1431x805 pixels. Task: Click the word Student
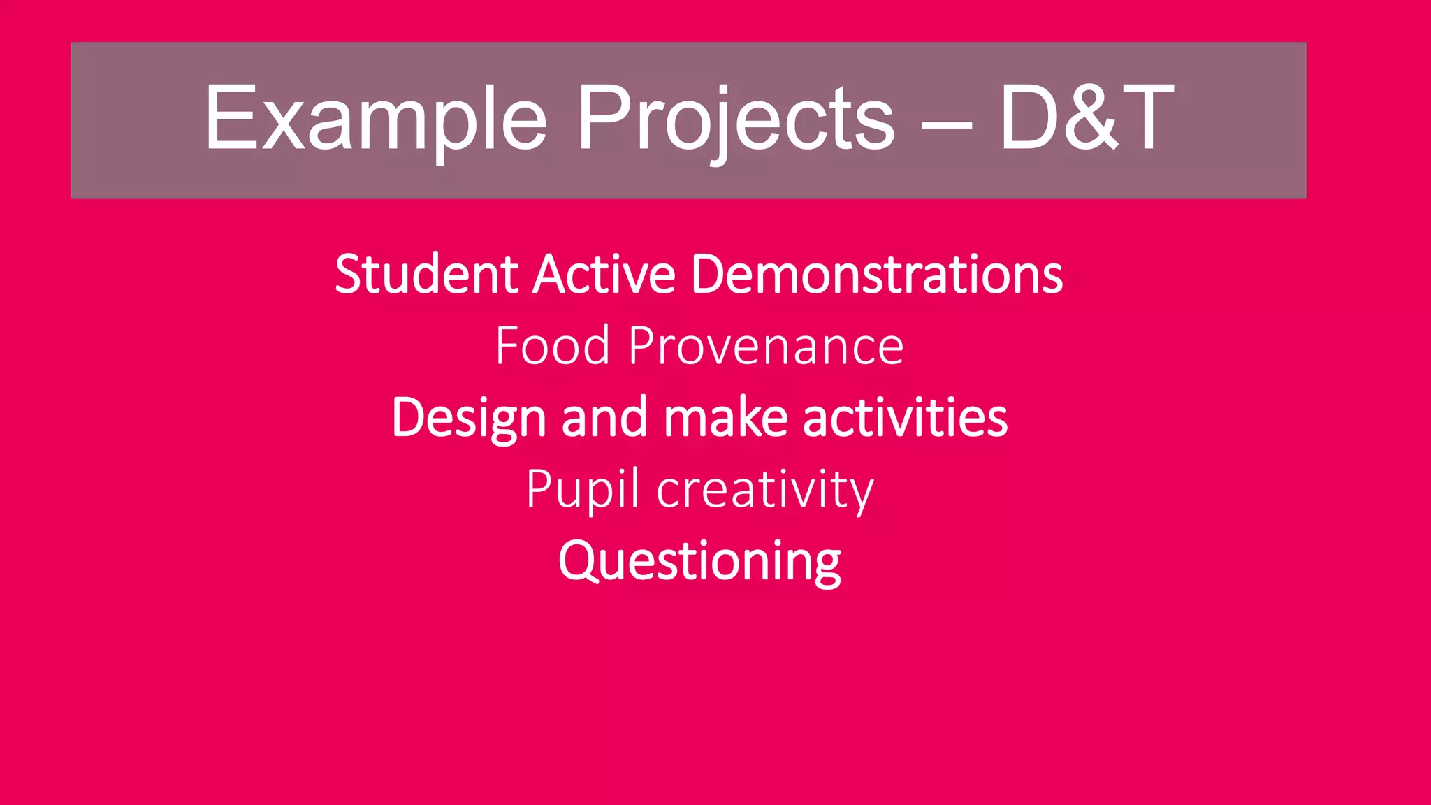[426, 274]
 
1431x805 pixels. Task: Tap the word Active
[604, 274]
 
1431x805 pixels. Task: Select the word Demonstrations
[876, 274]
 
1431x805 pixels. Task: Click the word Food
[552, 346]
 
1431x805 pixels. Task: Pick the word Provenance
[765, 346]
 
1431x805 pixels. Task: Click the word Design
[468, 418]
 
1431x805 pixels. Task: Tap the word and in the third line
[604, 418]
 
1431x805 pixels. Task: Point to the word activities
[905, 418]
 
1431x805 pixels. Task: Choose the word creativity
[765, 490]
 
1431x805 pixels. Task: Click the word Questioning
[699, 561]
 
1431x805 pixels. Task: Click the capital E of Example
[228, 117]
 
